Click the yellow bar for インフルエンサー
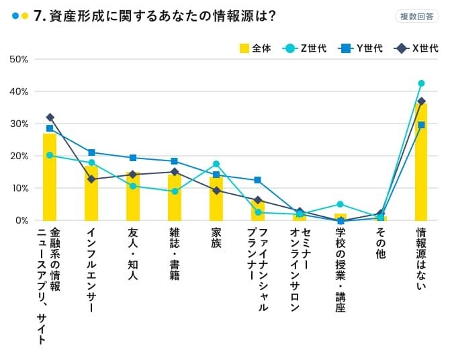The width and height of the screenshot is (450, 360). [x=91, y=195]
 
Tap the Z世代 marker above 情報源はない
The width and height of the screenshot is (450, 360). [x=422, y=83]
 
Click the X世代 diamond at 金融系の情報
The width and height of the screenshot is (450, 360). [x=50, y=118]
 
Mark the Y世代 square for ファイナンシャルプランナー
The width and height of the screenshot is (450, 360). [x=257, y=180]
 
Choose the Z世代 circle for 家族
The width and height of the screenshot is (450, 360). [x=216, y=164]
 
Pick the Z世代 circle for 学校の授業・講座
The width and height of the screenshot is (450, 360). [x=340, y=204]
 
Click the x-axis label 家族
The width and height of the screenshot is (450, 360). [x=216, y=239]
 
